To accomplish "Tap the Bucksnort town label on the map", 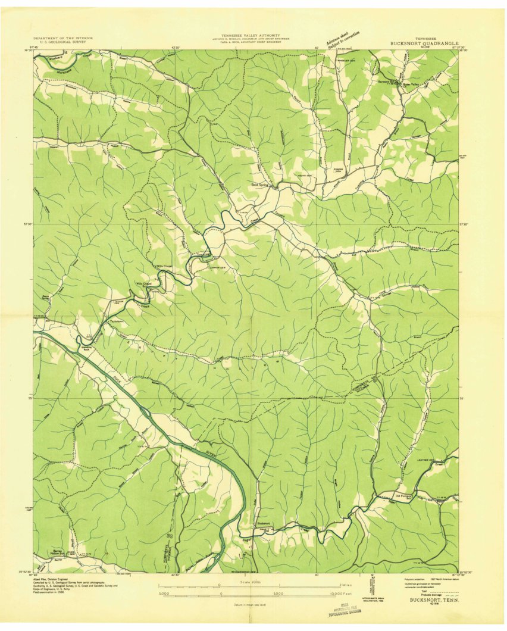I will pyautogui.click(x=264, y=524).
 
